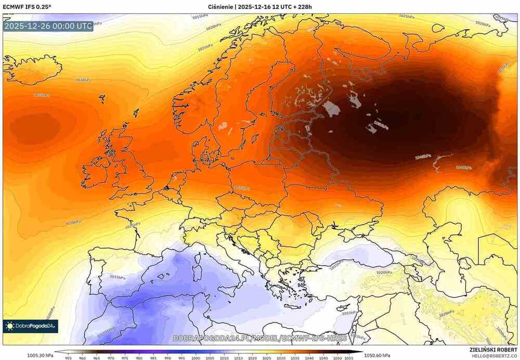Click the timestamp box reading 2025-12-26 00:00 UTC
pyautogui.click(x=48, y=26)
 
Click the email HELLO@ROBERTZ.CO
pyautogui.click(x=494, y=356)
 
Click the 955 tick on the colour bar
pyautogui.click(x=68, y=358)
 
